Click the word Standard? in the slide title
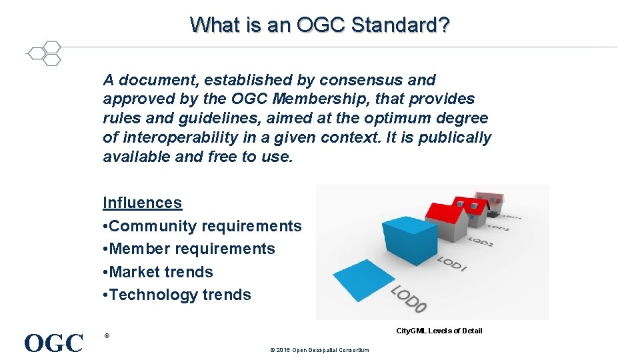400,25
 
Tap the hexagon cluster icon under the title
45,54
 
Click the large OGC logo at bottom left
53,343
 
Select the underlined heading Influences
142,203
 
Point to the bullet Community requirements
202,226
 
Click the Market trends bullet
158,272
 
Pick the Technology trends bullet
177,295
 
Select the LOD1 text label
453,263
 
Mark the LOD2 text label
481,239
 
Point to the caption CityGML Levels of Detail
439,331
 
